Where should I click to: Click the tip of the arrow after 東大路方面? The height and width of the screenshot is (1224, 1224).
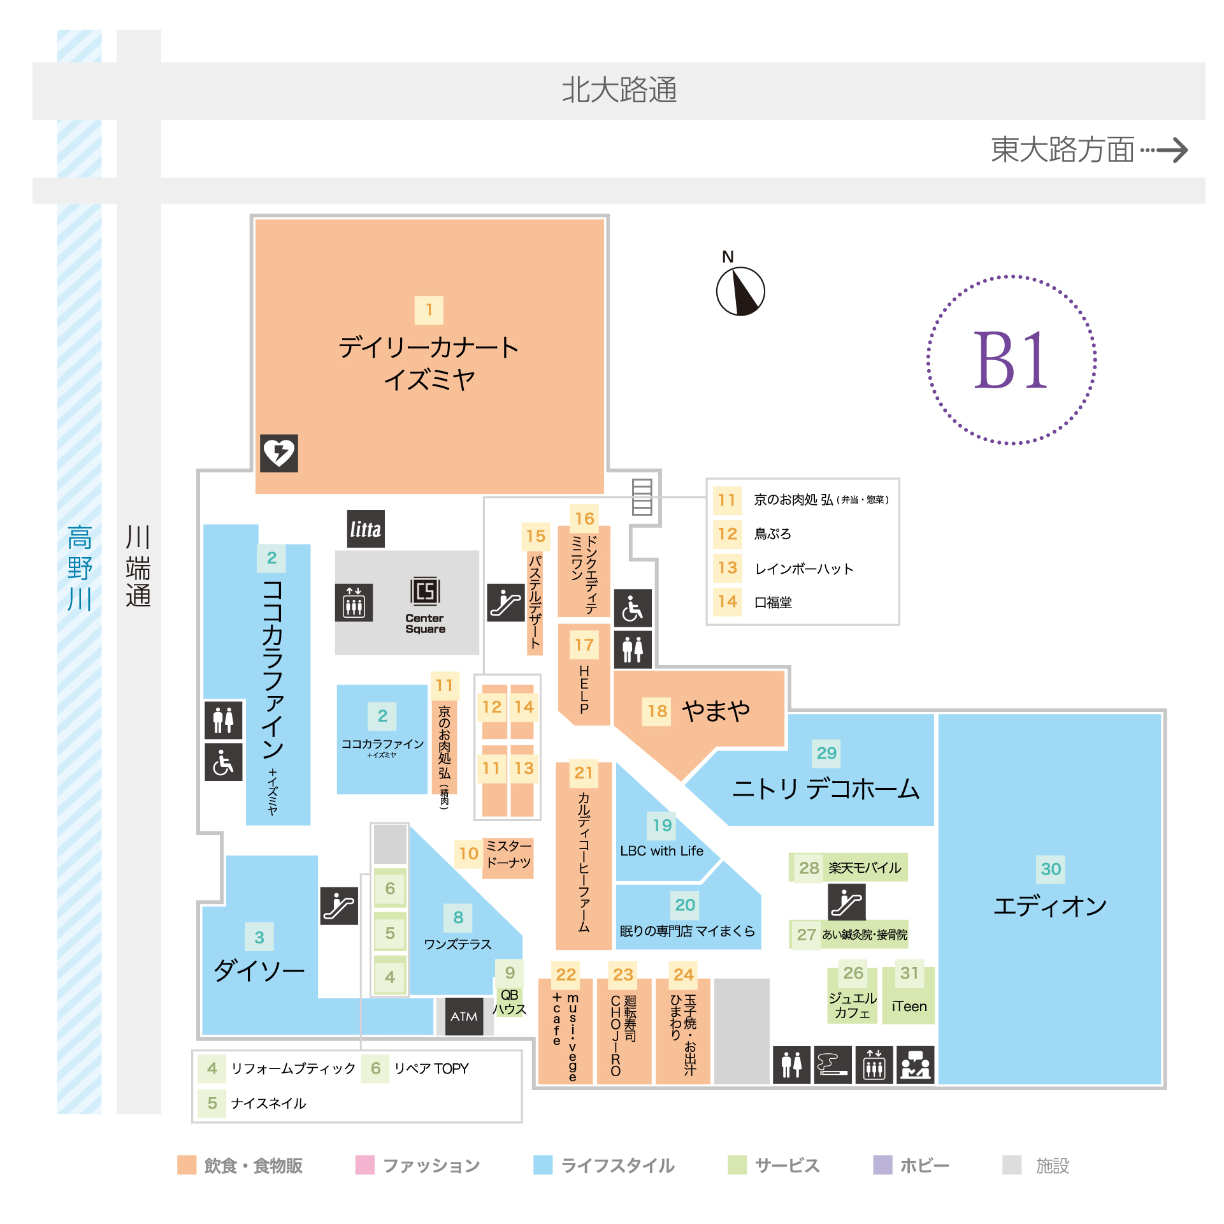pyautogui.click(x=1188, y=150)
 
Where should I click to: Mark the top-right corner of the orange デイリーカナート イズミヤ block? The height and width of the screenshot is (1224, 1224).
pyautogui.click(x=604, y=220)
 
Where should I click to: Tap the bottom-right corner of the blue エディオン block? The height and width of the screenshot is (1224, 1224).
pyautogui.click(x=1161, y=1084)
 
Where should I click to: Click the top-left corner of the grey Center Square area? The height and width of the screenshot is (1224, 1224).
pyautogui.click(x=336, y=551)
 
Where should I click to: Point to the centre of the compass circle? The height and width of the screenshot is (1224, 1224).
pyautogui.click(x=740, y=291)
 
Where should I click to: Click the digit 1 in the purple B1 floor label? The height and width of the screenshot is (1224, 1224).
pyautogui.click(x=1031, y=360)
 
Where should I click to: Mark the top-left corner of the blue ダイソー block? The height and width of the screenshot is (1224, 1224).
pyautogui.click(x=227, y=856)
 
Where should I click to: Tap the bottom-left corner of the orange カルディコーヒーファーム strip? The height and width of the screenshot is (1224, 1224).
pyautogui.click(x=556, y=949)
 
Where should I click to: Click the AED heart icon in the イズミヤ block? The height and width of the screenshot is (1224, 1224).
pyautogui.click(x=279, y=453)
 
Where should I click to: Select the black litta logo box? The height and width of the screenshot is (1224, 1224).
pyautogui.click(x=366, y=528)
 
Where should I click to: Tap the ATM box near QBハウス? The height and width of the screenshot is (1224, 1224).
pyautogui.click(x=464, y=1016)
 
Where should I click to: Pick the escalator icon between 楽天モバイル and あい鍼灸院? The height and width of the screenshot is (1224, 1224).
pyautogui.click(x=847, y=901)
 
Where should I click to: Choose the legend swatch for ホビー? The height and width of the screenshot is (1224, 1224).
pyautogui.click(x=882, y=1165)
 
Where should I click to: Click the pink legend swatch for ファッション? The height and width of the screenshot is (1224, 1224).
pyautogui.click(x=365, y=1165)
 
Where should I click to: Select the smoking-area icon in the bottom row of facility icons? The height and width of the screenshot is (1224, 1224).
pyautogui.click(x=832, y=1065)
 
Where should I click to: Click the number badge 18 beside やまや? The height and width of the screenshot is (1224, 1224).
pyautogui.click(x=658, y=711)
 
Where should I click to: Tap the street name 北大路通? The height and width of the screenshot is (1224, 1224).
pyautogui.click(x=619, y=90)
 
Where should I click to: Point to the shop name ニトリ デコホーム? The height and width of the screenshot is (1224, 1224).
pyautogui.click(x=826, y=789)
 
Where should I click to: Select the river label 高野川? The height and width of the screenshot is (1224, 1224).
pyautogui.click(x=80, y=567)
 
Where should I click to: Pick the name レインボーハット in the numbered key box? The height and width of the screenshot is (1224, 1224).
pyautogui.click(x=804, y=569)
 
